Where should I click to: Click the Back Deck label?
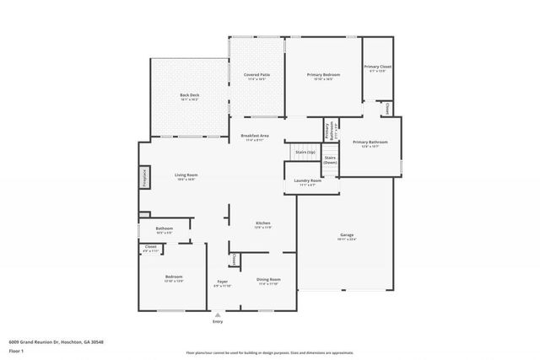tap(188, 95)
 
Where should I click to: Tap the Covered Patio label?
tap(257, 75)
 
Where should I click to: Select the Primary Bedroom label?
tap(323, 75)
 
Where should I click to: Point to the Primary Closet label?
tap(377, 67)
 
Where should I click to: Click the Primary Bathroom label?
tap(370, 142)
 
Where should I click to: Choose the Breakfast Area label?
tap(255, 136)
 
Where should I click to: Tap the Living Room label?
tap(186, 175)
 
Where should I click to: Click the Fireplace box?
tap(143, 178)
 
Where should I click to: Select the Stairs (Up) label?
tap(305, 153)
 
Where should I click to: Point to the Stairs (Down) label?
tap(331, 159)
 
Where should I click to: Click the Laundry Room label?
tap(308, 180)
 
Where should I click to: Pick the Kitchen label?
tap(262, 223)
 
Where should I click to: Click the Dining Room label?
tap(269, 279)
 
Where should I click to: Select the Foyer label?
tap(222, 282)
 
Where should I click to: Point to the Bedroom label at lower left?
tap(174, 277)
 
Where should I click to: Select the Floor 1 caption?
tap(16, 351)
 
